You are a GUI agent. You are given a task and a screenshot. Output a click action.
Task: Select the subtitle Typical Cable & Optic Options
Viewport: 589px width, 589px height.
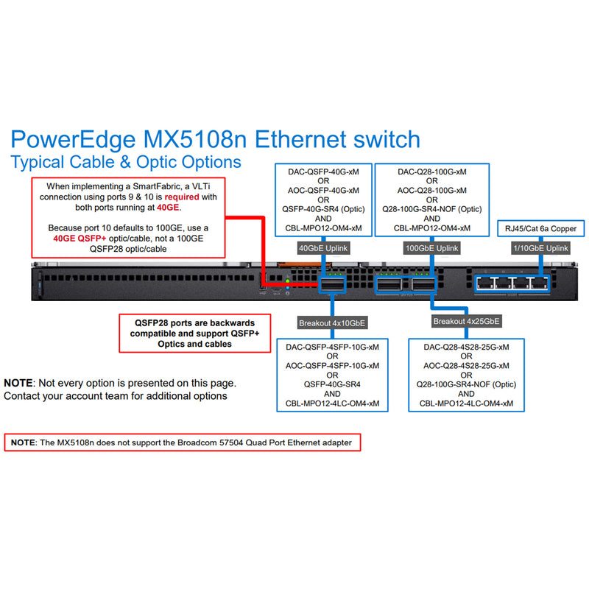125,161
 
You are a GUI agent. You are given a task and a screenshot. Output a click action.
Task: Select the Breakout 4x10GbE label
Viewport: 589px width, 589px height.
332,322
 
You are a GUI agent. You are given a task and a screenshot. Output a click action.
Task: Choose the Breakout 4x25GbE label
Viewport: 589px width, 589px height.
466,321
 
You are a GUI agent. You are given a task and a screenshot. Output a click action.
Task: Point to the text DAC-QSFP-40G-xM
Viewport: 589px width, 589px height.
322,172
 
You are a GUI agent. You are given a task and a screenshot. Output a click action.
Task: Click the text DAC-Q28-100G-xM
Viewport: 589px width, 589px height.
431,172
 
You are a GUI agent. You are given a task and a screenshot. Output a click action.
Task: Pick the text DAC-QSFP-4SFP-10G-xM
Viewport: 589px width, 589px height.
332,346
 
